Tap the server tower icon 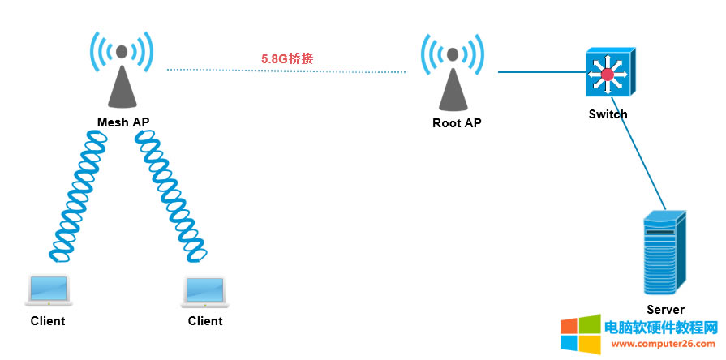(x=664, y=254)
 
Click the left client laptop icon (x=48, y=291)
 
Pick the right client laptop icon (x=204, y=291)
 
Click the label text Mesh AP (x=123, y=122)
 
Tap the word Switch (x=608, y=114)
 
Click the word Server (x=665, y=309)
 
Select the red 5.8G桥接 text (x=287, y=58)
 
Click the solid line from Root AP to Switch (x=540, y=72)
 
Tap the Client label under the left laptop (x=48, y=320)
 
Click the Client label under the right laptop (x=205, y=320)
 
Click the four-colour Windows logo (x=581, y=335)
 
